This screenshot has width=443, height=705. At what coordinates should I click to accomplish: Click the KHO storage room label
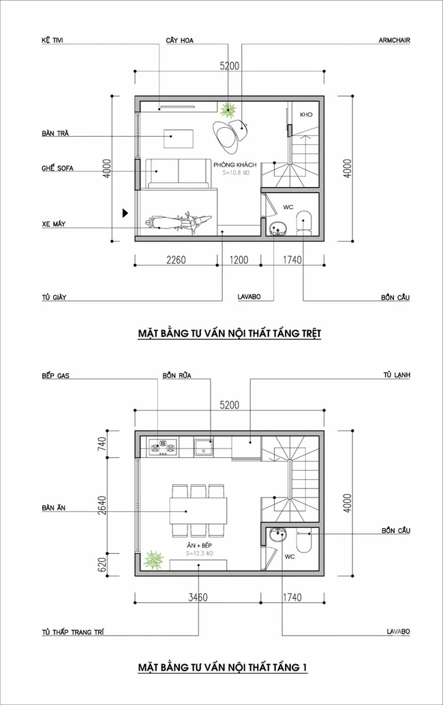(305, 115)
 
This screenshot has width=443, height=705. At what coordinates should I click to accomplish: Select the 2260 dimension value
(177, 259)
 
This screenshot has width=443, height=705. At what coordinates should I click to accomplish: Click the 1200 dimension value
(239, 259)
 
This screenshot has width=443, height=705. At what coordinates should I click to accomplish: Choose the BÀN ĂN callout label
(53, 508)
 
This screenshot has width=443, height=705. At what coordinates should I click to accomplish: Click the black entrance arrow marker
(124, 212)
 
